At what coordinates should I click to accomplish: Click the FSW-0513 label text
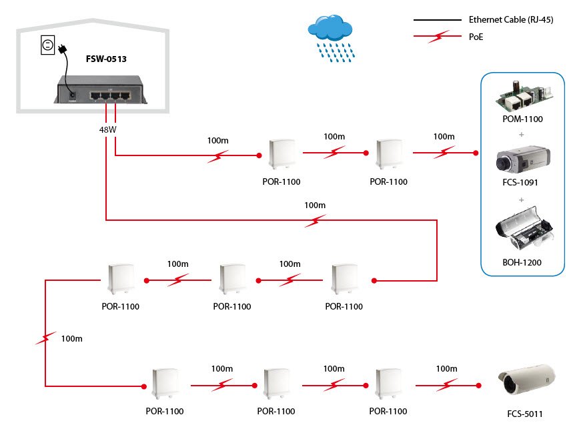coord(106,59)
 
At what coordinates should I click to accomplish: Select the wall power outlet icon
coord(47,45)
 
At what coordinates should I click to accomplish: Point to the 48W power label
coord(107,129)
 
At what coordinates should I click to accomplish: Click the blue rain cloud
coord(329,30)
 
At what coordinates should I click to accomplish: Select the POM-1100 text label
coord(523,119)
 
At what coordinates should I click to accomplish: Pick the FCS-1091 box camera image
coord(522,160)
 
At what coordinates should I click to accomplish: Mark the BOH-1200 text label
coord(522,263)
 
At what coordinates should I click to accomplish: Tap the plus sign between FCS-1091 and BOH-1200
coord(522,199)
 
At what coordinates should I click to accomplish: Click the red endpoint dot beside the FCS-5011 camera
coord(478,385)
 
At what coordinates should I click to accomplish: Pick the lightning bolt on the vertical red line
coord(45,339)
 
